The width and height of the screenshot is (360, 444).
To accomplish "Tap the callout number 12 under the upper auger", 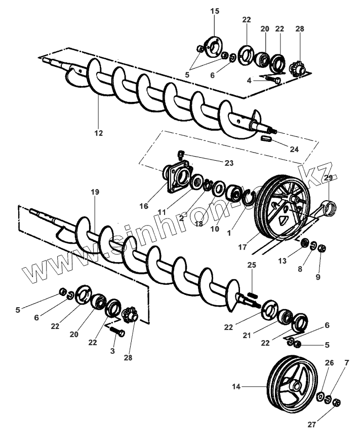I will [98, 133].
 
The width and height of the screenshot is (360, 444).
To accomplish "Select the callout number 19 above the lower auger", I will [95, 192].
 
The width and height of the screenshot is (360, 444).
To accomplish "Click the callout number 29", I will [328, 178].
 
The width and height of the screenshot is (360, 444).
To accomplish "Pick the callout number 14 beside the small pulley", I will [237, 386].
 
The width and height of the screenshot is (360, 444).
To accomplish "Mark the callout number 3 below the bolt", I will [113, 351].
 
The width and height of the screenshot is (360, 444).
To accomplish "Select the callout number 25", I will [252, 265].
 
